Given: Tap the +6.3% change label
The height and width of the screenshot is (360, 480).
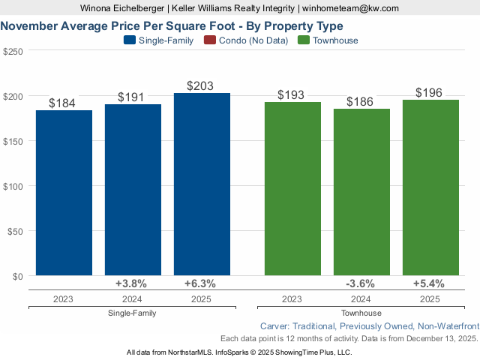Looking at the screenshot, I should pos(200,283).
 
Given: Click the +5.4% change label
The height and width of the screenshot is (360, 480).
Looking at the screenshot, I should pos(429,283).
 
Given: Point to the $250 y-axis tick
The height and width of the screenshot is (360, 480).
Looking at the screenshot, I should pos(13,51).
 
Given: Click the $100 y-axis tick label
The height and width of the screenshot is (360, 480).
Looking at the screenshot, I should pos(13,186).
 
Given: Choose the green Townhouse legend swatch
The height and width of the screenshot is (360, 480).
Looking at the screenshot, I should pos(304,40).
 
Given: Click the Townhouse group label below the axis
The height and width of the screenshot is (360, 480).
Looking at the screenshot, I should pos(361,313).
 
